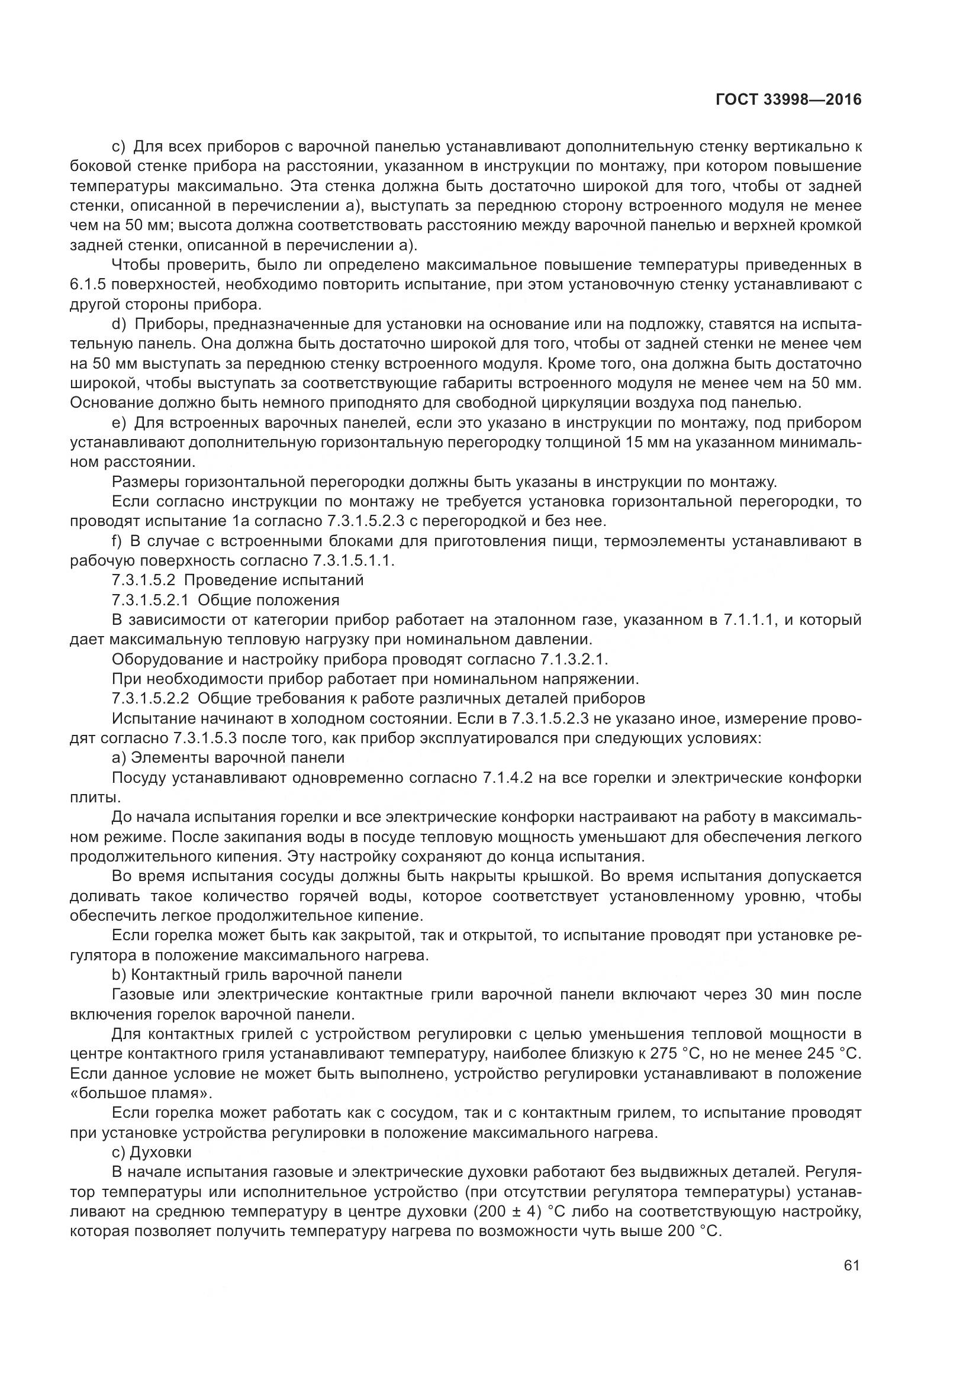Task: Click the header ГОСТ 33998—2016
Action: point(788,99)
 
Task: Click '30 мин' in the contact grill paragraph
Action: point(779,995)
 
